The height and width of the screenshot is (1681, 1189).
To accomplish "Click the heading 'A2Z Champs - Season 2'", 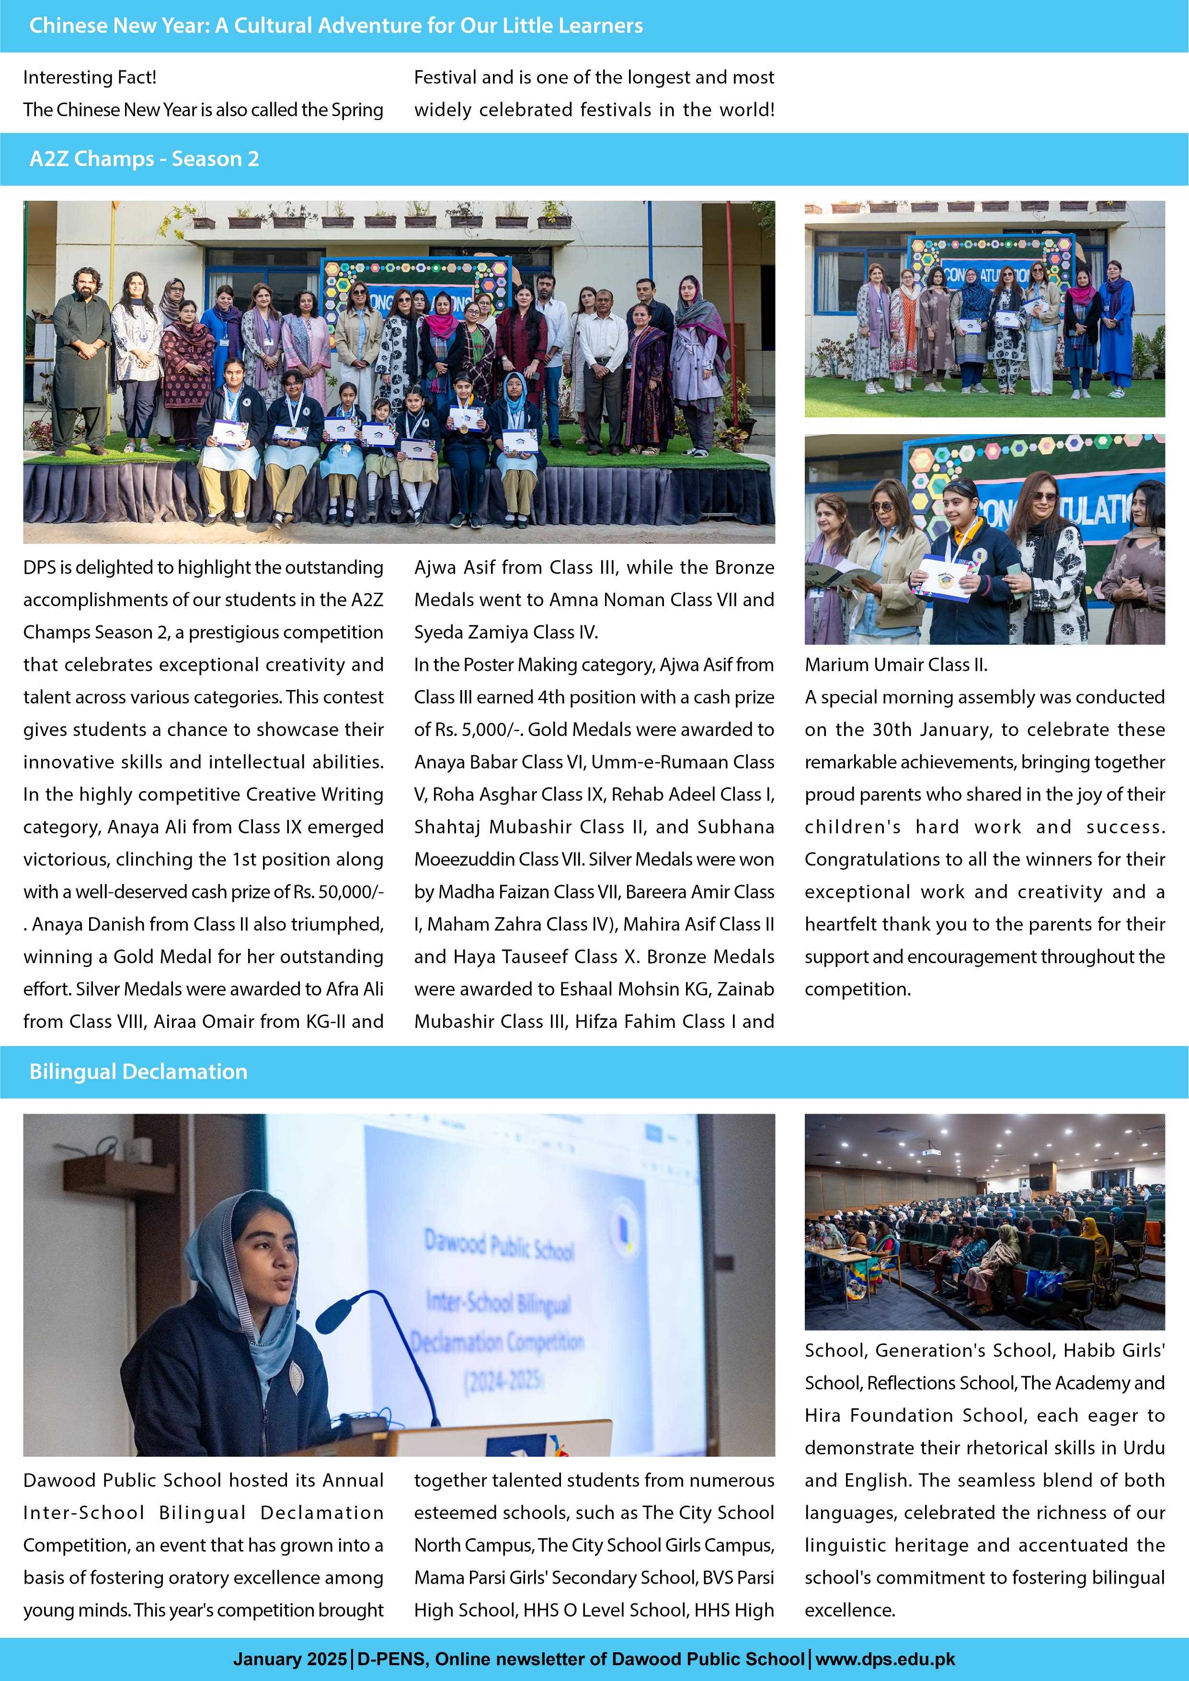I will (144, 159).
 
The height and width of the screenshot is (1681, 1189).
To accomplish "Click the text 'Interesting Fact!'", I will (89, 77).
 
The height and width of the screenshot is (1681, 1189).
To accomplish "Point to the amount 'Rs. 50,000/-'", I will (338, 892).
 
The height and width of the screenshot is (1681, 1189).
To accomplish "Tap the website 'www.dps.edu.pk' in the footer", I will (885, 1659).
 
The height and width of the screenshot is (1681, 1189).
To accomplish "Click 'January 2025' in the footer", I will (290, 1659).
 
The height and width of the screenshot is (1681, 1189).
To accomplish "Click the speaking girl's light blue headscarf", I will (219, 1259).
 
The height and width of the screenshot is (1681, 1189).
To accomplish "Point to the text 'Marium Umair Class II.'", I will (895, 665).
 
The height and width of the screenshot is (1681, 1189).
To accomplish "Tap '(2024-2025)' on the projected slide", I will (503, 1380).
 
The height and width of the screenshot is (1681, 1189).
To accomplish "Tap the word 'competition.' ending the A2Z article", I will (857, 989).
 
